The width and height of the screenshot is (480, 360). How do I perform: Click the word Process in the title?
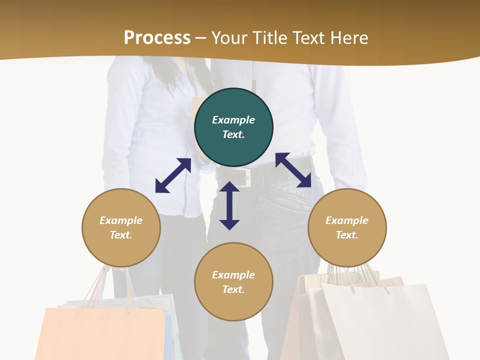tap(157, 38)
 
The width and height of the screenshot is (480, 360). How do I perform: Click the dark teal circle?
tap(233, 127)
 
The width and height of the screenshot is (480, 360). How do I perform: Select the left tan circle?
tap(121, 227)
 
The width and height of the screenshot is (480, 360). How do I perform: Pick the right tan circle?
tap(347, 227)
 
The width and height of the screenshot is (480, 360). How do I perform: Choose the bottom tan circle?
tap(233, 282)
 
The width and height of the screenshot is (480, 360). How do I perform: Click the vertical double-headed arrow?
tap(229, 205)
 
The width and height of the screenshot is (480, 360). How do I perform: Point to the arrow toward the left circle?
tap(173, 175)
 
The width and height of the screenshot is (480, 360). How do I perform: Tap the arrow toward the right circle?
tap(293, 170)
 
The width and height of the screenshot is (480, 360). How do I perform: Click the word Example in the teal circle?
tap(233, 120)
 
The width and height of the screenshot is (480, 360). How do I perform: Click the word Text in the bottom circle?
tap(233, 289)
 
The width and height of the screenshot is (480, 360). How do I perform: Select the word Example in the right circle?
tap(347, 220)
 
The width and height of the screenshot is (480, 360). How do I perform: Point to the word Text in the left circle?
tap(121, 235)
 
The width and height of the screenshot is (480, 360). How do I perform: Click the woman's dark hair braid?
tap(202, 80)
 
